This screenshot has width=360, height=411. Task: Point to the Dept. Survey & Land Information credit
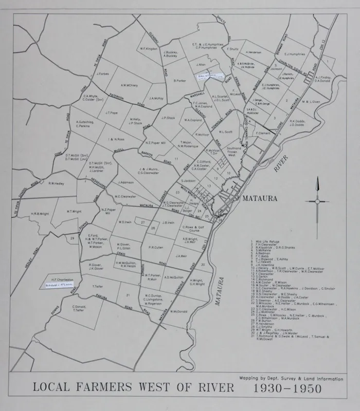point(291,378)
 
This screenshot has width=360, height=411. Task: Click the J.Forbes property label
point(102,73)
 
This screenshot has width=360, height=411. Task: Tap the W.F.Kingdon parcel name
point(148,49)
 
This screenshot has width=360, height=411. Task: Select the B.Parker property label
point(179,81)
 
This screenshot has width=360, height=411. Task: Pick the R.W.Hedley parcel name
point(56,183)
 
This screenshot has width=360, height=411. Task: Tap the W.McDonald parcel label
point(178,311)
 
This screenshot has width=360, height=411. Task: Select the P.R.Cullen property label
point(156,247)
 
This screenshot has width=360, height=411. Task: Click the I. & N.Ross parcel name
point(116,139)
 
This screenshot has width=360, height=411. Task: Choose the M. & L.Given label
point(310,102)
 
